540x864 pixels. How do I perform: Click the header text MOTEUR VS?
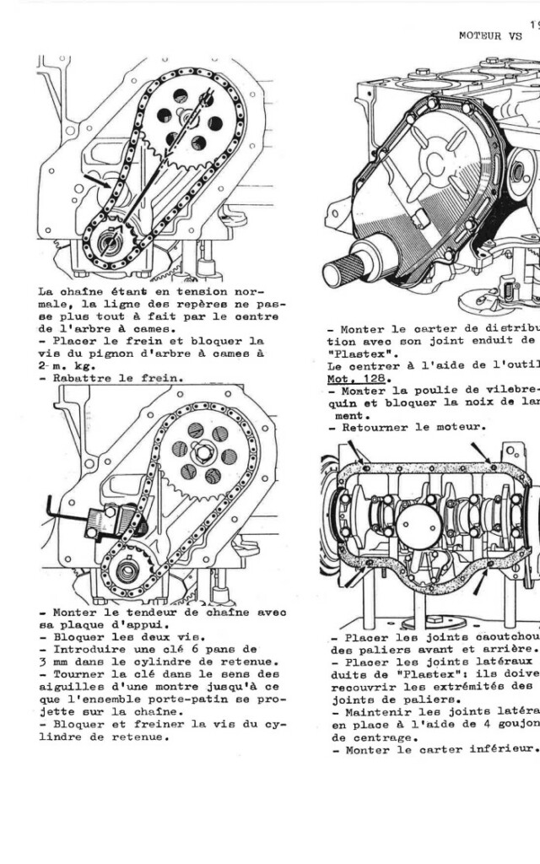click(490, 35)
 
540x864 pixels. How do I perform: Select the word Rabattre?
click(81, 378)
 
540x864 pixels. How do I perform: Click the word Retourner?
click(375, 427)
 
